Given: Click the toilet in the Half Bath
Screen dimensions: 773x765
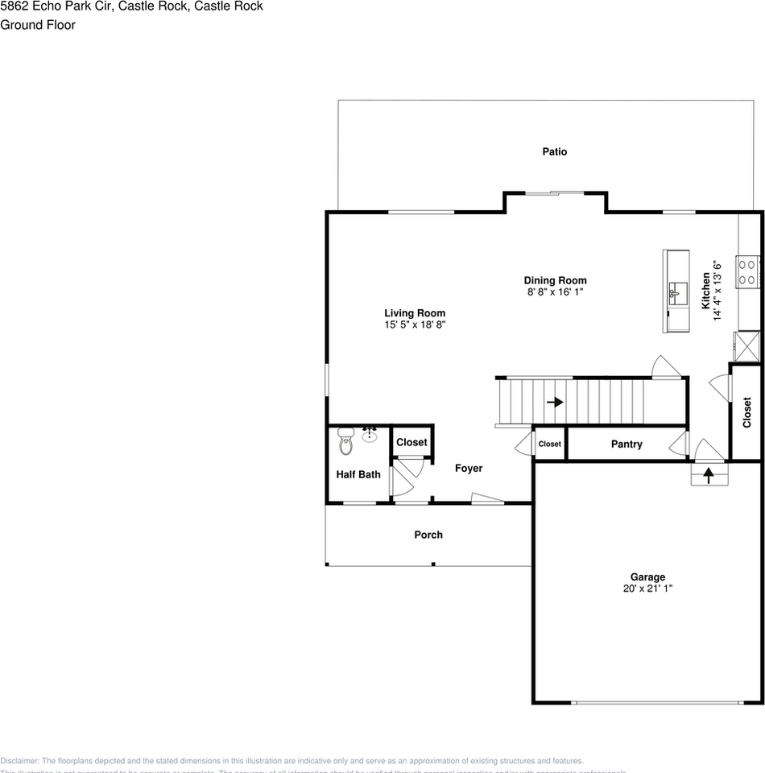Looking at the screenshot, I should (345, 440).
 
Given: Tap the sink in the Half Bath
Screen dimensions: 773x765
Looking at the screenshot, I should (370, 436).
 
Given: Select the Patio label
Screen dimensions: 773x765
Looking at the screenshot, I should (554, 151).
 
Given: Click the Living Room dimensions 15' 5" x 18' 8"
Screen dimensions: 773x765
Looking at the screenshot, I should (415, 324).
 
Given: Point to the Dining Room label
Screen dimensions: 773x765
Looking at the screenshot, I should (555, 280).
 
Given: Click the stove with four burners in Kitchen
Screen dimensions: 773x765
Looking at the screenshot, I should (749, 271).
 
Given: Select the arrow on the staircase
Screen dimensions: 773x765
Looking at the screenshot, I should (555, 401).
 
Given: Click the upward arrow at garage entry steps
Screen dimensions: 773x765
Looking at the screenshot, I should (709, 476).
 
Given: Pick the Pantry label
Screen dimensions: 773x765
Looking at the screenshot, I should (626, 444).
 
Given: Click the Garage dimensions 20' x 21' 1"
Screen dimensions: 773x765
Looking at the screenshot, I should (647, 589).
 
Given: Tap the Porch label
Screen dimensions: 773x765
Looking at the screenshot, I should (428, 535).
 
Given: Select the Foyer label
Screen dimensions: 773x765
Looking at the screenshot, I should (469, 468).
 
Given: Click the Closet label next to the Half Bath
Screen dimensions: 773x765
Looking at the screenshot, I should (411, 442).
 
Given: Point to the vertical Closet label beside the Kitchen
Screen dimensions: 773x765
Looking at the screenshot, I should (746, 412).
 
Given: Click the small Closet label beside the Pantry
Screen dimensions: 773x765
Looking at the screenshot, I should (549, 444).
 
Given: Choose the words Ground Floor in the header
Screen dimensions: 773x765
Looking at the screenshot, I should (38, 25).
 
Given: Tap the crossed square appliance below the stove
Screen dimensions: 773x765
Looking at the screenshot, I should (746, 346).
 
